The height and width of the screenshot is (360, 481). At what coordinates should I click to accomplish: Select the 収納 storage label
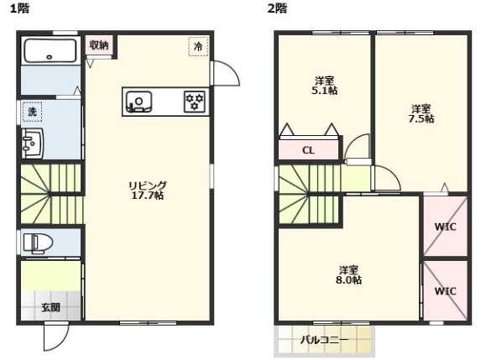point(99,44)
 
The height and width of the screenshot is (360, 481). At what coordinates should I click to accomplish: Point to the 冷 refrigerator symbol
point(198,46)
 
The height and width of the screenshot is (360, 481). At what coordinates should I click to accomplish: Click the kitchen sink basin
point(139,102)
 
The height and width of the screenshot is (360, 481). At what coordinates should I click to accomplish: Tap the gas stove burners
point(195,102)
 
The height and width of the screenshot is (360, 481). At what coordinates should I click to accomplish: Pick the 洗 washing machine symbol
point(32,111)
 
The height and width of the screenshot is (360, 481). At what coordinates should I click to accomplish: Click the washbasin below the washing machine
point(33,143)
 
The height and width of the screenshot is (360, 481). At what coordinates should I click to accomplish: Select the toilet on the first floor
point(38,243)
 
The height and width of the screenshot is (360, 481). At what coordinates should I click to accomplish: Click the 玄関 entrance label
point(50,307)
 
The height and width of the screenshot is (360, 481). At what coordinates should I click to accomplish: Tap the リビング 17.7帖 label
point(147,190)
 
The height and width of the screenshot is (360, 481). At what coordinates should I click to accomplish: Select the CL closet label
point(308,151)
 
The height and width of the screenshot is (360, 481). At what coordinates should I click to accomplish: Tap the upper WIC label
point(445,226)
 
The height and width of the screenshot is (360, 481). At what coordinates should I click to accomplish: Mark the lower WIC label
point(445,290)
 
